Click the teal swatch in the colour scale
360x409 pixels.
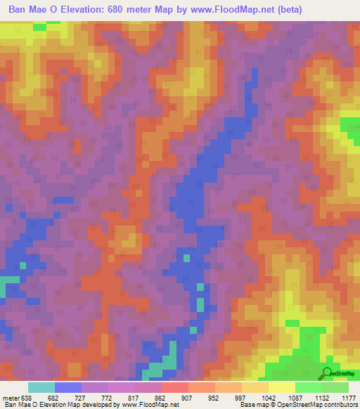click(x=41, y=387)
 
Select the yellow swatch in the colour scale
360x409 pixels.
click(x=281, y=387)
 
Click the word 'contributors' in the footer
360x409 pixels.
click(x=340, y=405)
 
